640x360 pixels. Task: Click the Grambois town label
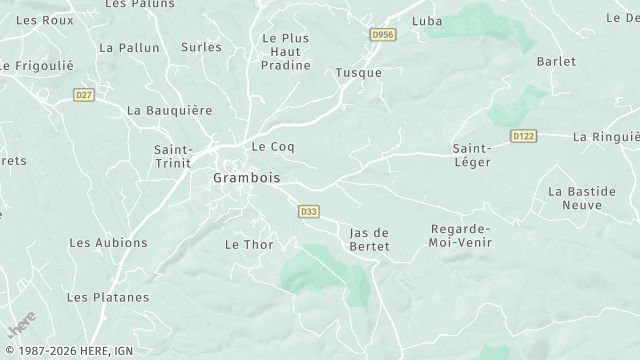click(246, 178)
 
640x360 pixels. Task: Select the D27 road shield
click(84, 95)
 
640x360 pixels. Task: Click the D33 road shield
click(309, 211)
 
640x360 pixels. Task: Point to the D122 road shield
click(522, 135)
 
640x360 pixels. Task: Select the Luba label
click(427, 21)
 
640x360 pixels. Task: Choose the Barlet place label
click(557, 61)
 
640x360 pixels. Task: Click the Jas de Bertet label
click(369, 239)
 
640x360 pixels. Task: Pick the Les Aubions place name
click(107, 243)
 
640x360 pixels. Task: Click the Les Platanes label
click(107, 297)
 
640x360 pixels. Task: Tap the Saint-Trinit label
click(173, 157)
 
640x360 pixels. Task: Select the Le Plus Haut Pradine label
click(285, 51)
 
